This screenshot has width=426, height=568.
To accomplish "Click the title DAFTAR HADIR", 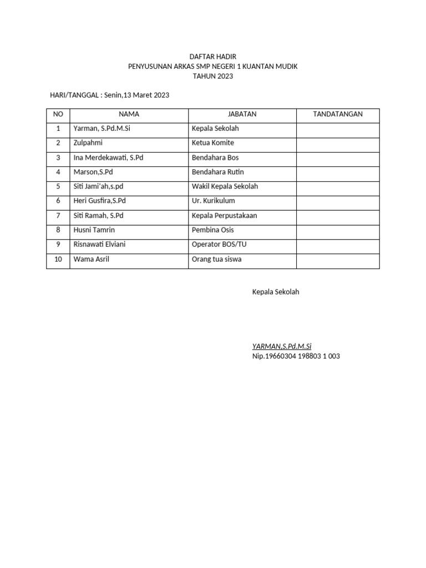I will click(x=212, y=57).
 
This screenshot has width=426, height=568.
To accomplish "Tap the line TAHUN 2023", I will click(x=212, y=77).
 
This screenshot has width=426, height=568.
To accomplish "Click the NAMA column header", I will click(x=129, y=114).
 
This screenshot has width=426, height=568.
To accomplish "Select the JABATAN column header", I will click(x=242, y=114).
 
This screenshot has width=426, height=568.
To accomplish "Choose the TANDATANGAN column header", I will click(x=338, y=114).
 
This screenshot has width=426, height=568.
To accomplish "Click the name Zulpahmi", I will click(x=88, y=143).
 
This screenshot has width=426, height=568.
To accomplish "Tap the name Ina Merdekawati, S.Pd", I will click(x=108, y=158).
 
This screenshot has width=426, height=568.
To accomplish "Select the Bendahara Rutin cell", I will click(x=217, y=172).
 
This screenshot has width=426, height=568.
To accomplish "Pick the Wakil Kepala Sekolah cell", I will click(x=225, y=186).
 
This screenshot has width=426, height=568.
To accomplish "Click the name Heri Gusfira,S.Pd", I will click(x=103, y=201).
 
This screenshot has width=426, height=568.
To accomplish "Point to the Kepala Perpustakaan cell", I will click(x=224, y=215).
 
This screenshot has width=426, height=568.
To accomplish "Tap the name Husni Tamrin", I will click(x=94, y=230).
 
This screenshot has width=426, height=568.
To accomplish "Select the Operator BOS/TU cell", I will click(x=219, y=244).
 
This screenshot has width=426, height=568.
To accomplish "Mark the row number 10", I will click(x=58, y=259).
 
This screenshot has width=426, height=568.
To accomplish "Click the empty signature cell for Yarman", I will click(x=338, y=129).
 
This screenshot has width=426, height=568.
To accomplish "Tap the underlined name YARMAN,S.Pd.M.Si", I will click(x=282, y=347).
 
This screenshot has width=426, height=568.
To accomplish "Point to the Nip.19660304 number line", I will click(x=296, y=356).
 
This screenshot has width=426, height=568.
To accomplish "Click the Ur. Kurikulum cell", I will click(x=214, y=201).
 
